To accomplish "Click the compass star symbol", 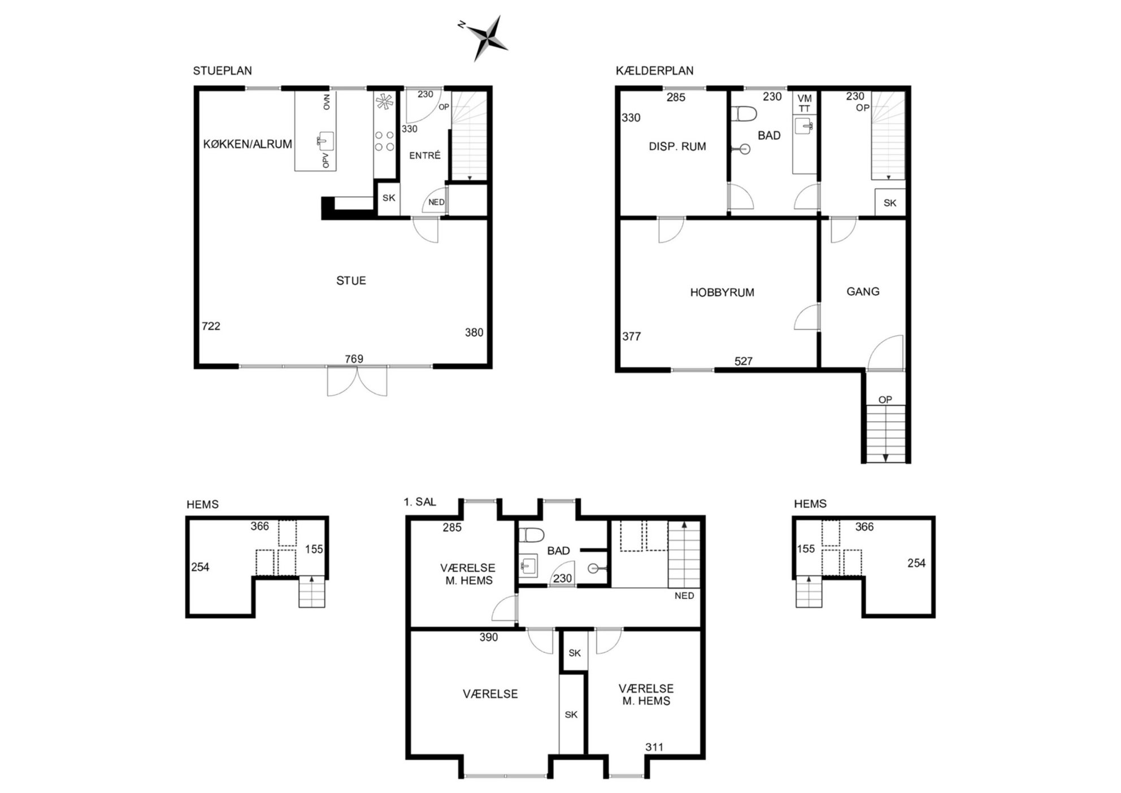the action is coord(485,38).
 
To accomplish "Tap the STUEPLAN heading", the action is coord(223,71).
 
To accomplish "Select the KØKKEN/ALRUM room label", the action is coord(247,144).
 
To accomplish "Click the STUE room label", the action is coord(351,280).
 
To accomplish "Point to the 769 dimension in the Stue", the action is coord(354,359).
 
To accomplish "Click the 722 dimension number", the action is coord(211,326).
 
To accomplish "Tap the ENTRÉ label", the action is coord(425,155).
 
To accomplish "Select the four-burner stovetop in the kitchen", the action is coord(384,141).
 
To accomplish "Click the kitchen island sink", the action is coord(325,141).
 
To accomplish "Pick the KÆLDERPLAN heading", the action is coord(655,71).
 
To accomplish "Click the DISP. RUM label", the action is coord(677,146).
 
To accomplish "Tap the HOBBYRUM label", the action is coord(722,292).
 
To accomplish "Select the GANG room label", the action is coord(863,292).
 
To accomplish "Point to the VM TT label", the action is coord(805,103).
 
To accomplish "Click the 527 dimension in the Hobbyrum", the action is coord(744,361).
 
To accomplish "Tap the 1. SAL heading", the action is coord(420,502).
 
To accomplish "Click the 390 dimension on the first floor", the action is coord(489,638).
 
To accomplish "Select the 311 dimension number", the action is coord(654,747).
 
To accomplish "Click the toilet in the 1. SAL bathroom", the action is coord(531,535).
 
